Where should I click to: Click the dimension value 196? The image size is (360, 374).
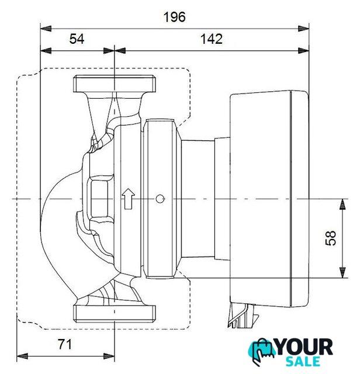[174, 17]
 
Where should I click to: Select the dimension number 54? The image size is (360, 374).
[77, 39]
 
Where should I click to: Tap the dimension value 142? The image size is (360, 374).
[212, 39]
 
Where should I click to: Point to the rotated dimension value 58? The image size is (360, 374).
[331, 238]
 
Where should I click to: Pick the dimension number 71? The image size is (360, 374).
[65, 344]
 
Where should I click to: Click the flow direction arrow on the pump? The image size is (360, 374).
[129, 199]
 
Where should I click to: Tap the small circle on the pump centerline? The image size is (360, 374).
[160, 199]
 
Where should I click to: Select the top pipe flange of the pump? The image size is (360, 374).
[115, 84]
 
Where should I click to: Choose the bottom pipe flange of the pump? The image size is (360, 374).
[115, 314]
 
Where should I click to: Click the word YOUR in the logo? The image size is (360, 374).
[304, 348]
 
